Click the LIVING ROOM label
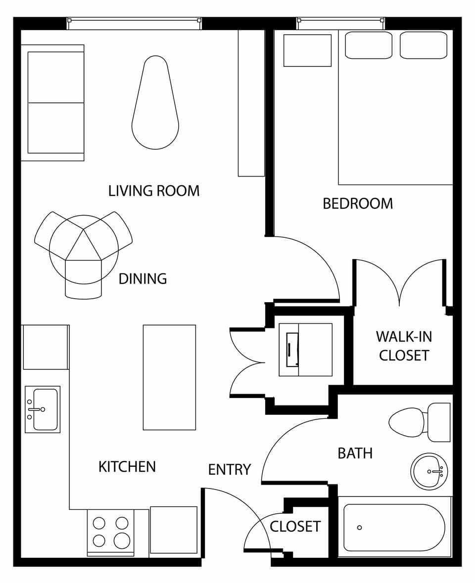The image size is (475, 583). (x=154, y=191)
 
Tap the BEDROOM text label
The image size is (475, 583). (x=358, y=204)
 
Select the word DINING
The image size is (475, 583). (x=142, y=279)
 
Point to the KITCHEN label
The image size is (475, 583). (x=127, y=467)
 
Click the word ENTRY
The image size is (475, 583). (x=229, y=470)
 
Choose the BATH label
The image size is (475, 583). (x=355, y=453)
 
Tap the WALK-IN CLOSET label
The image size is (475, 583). (x=404, y=346)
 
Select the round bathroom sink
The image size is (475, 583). (x=429, y=471)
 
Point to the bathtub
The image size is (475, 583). (x=394, y=528)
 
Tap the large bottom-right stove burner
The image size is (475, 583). (x=122, y=540)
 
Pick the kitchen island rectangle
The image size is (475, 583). (x=169, y=377)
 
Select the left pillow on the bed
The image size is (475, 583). (x=368, y=45)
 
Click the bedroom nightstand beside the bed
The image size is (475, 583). (x=307, y=50)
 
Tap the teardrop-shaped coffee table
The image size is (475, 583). (x=155, y=106)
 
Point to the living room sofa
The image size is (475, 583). (x=52, y=103)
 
